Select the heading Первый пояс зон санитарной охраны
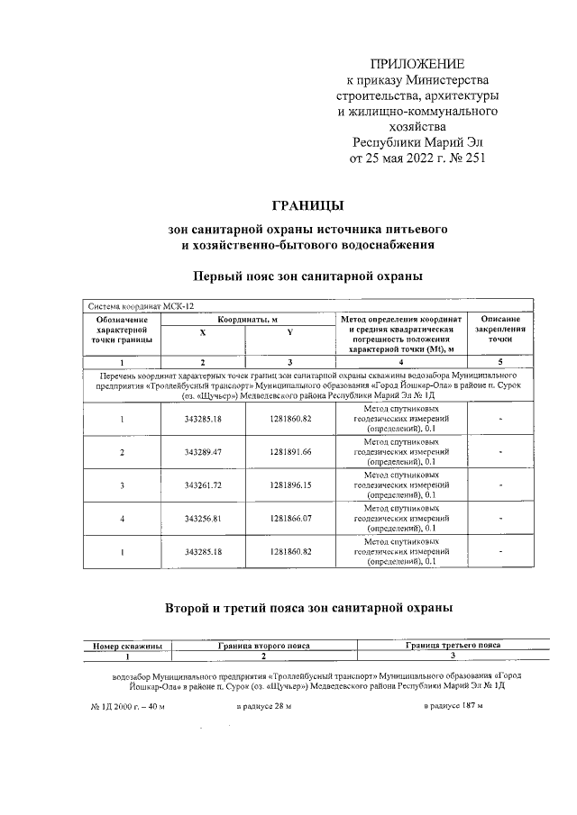[x=308, y=274]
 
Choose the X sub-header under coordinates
[x=202, y=333]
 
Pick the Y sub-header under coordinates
[x=290, y=333]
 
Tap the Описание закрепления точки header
[x=500, y=330]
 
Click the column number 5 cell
[x=500, y=361]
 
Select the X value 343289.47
[x=202, y=451]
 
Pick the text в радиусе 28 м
[x=263, y=705]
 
